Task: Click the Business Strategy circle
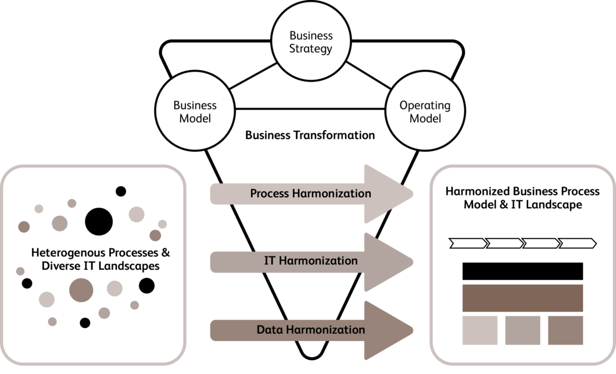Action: (x=310, y=41)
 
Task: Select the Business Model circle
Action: (x=195, y=112)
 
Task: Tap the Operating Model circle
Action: (x=424, y=112)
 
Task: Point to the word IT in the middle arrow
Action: (x=270, y=261)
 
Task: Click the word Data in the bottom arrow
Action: (x=269, y=330)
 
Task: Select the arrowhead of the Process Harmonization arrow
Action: (x=386, y=194)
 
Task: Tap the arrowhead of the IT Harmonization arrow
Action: (x=386, y=262)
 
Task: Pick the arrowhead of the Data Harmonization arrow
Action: (x=386, y=330)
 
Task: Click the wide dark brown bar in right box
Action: (x=522, y=298)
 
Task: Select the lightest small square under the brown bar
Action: (x=480, y=330)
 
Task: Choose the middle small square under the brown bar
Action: (x=522, y=330)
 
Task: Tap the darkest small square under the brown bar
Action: (x=565, y=330)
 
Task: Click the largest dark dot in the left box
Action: (x=81, y=290)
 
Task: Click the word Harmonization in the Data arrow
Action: (x=328, y=330)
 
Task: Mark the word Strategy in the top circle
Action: (x=311, y=48)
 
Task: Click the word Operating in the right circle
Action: (x=425, y=105)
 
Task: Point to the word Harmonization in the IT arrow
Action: (x=318, y=261)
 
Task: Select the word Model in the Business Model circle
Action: (x=195, y=118)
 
